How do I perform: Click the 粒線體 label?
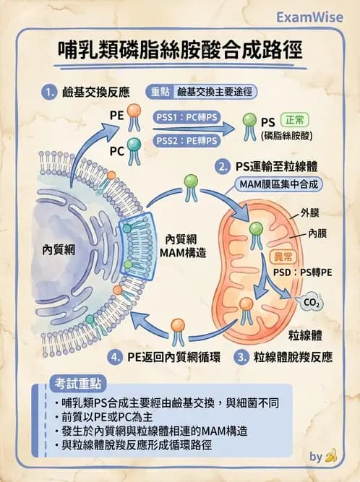pyautogui.click(x=304, y=335)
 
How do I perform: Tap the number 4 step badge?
pyautogui.click(x=114, y=357)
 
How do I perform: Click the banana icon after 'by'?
pyautogui.click(x=332, y=457)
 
